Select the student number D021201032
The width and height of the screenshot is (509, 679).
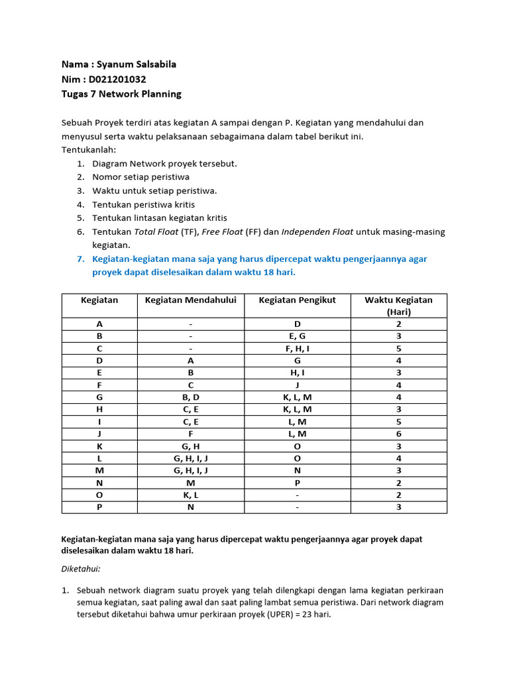[x=117, y=79]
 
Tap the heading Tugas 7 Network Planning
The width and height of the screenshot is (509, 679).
[x=121, y=93]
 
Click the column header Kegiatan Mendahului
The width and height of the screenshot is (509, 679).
[x=190, y=300]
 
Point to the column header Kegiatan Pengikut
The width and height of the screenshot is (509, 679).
[x=297, y=300]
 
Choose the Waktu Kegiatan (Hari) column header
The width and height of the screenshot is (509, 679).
[x=398, y=306]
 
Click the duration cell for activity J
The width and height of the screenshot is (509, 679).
[x=398, y=434]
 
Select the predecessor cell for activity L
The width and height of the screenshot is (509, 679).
[x=190, y=458]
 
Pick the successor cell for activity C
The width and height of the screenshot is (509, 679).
[x=297, y=348]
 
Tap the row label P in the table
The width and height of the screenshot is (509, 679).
[x=99, y=507]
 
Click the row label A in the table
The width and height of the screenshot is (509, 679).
[x=99, y=324]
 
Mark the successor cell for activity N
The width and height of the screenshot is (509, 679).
[x=297, y=483]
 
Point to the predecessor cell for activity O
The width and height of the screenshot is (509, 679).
[x=190, y=495]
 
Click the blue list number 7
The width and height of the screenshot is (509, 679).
[x=80, y=259]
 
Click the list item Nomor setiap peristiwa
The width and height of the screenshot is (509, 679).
[x=141, y=177]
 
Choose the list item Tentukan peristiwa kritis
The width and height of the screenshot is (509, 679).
[x=143, y=204]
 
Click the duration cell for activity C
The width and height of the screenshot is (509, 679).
[x=398, y=348]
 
